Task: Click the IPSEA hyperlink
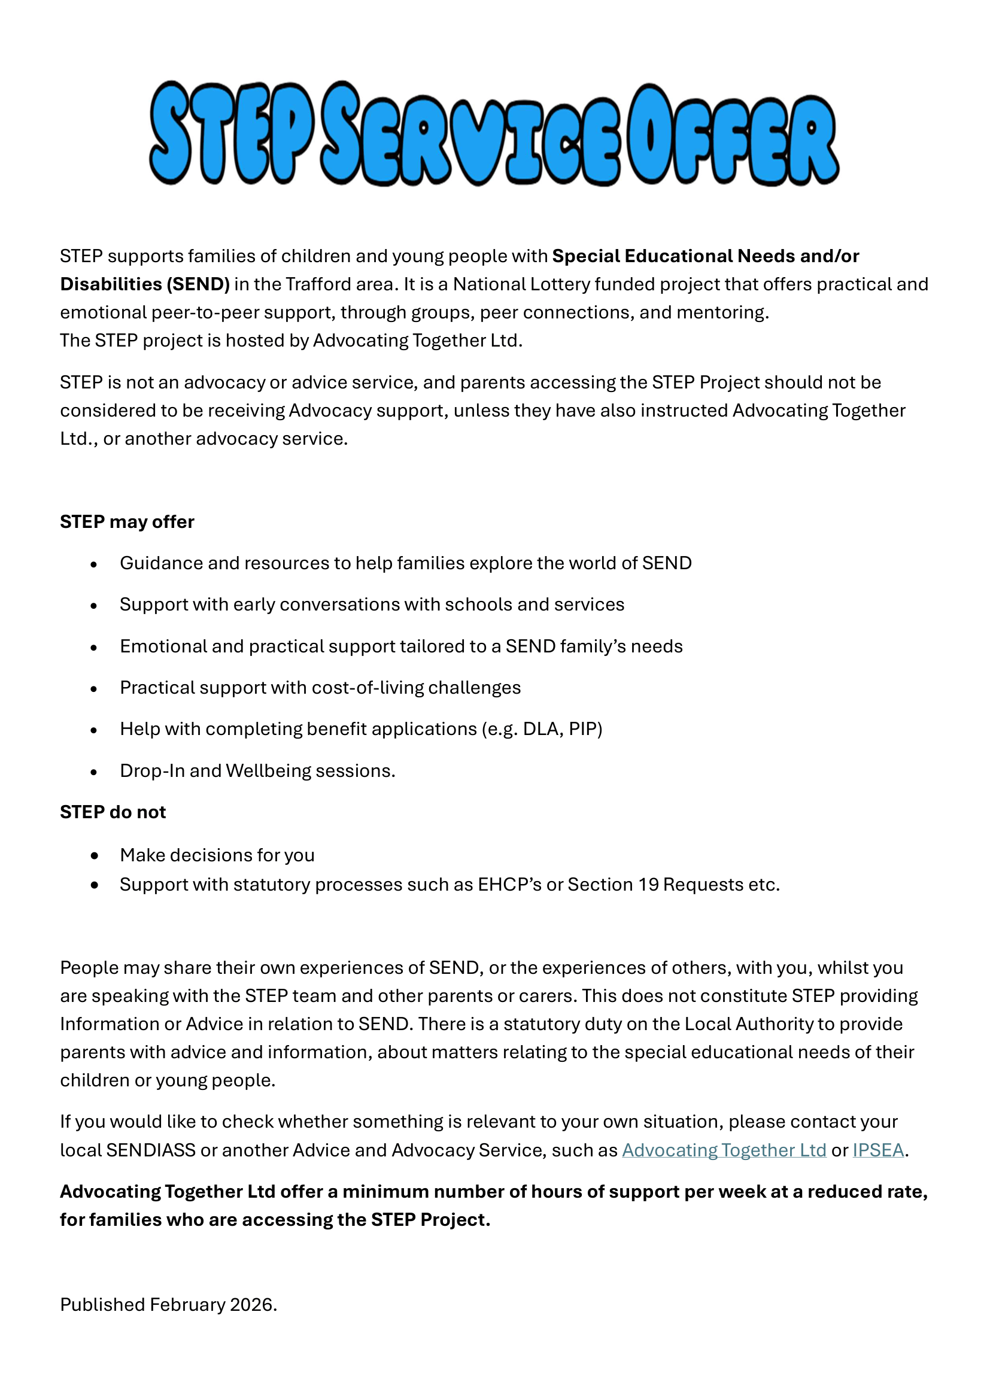coord(877,1150)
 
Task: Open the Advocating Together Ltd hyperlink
coord(724,1150)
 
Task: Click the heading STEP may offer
coord(127,522)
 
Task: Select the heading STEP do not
coord(113,812)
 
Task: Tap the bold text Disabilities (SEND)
coord(144,284)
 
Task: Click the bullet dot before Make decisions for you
coord(94,855)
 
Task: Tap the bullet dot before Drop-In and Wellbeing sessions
coord(94,772)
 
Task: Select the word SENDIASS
coord(151,1150)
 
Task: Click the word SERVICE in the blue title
coord(470,135)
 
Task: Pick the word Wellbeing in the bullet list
coord(268,771)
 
